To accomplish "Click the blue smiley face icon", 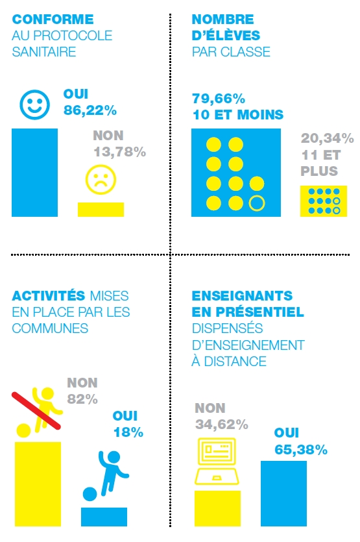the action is (x=34, y=105).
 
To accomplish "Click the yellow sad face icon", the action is (x=101, y=179).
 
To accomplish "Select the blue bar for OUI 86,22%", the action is (x=34, y=173).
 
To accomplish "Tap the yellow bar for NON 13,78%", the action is (x=101, y=210).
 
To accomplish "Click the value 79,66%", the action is (x=219, y=99).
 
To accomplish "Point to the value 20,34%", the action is (x=327, y=138).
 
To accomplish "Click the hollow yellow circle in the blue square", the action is (x=257, y=203).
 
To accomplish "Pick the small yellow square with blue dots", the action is (x=324, y=201).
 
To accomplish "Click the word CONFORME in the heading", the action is (x=53, y=19).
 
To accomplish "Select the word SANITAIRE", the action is (x=44, y=52).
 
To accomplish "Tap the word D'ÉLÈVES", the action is (x=226, y=35).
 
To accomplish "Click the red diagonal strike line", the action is (x=36, y=411).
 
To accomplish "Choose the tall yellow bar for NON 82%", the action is (x=38, y=484).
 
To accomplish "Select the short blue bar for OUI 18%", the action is (x=104, y=517).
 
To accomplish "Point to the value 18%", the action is (x=128, y=432).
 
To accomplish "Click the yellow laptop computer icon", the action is (x=217, y=462).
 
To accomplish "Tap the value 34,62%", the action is (x=222, y=425).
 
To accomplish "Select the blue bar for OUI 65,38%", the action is (x=283, y=493).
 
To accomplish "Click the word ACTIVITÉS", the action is (x=49, y=296).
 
